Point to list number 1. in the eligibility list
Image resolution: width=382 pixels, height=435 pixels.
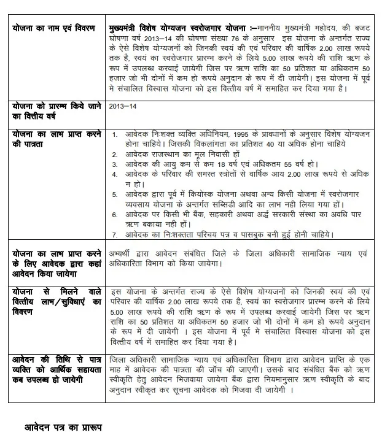[x=115, y=134]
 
